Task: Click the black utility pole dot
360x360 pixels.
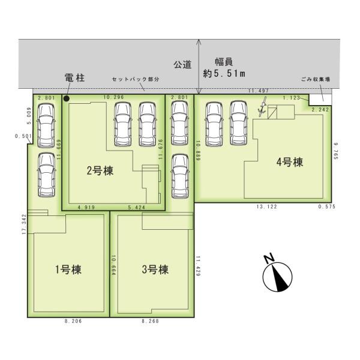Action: [67, 99]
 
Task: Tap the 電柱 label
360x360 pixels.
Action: [75, 78]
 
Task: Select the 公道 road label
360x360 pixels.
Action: [182, 65]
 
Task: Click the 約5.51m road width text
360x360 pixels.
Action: [224, 74]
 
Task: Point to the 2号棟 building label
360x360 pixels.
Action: [100, 171]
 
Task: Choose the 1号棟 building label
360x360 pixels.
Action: [68, 269]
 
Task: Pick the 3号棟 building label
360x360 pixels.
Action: [155, 269]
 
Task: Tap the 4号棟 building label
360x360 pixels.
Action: [290, 162]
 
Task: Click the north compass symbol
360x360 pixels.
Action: [277, 274]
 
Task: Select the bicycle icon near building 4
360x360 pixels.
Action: [262, 107]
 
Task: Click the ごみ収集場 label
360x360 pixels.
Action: [316, 79]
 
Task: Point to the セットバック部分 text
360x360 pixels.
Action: [136, 79]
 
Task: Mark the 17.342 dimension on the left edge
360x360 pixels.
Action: [25, 224]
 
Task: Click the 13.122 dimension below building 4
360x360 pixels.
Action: [267, 206]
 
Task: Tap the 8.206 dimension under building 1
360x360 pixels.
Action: [73, 321]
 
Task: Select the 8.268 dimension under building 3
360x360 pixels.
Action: [151, 321]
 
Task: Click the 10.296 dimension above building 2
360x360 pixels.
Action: [113, 97]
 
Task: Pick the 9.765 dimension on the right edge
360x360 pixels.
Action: [336, 151]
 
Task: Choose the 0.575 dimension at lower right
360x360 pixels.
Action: [327, 206]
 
